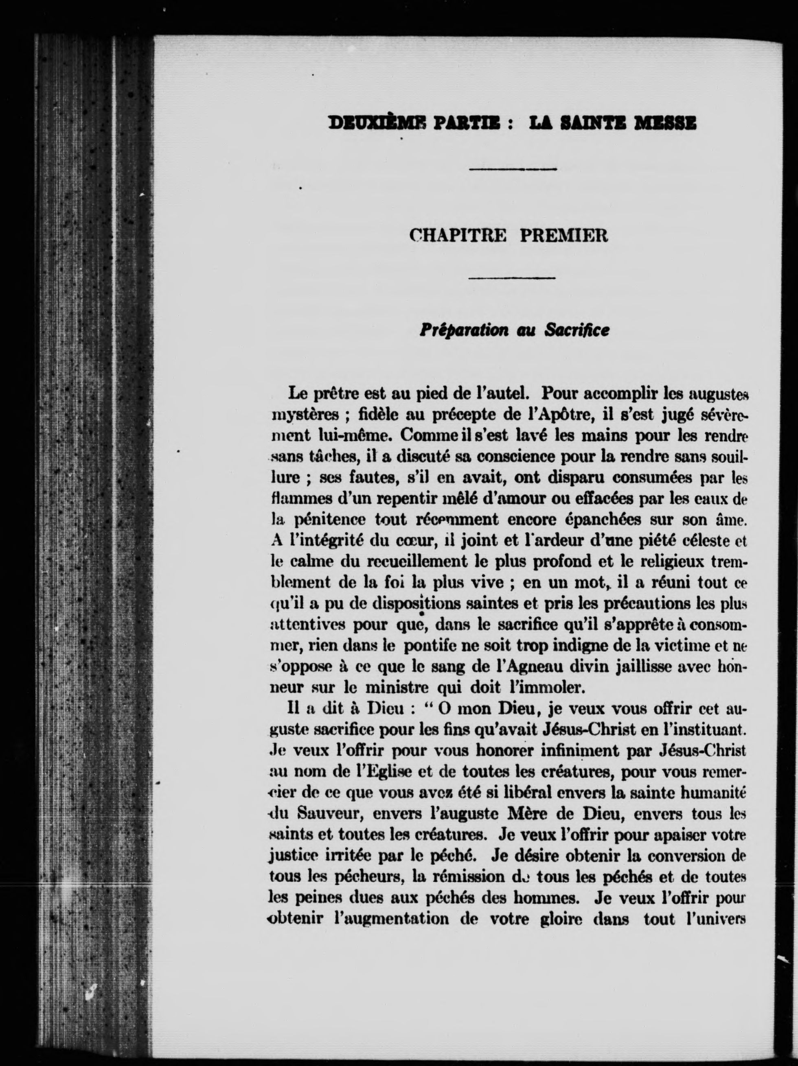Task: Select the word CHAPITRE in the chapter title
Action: tap(458, 235)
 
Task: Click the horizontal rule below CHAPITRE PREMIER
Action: tap(512, 277)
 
